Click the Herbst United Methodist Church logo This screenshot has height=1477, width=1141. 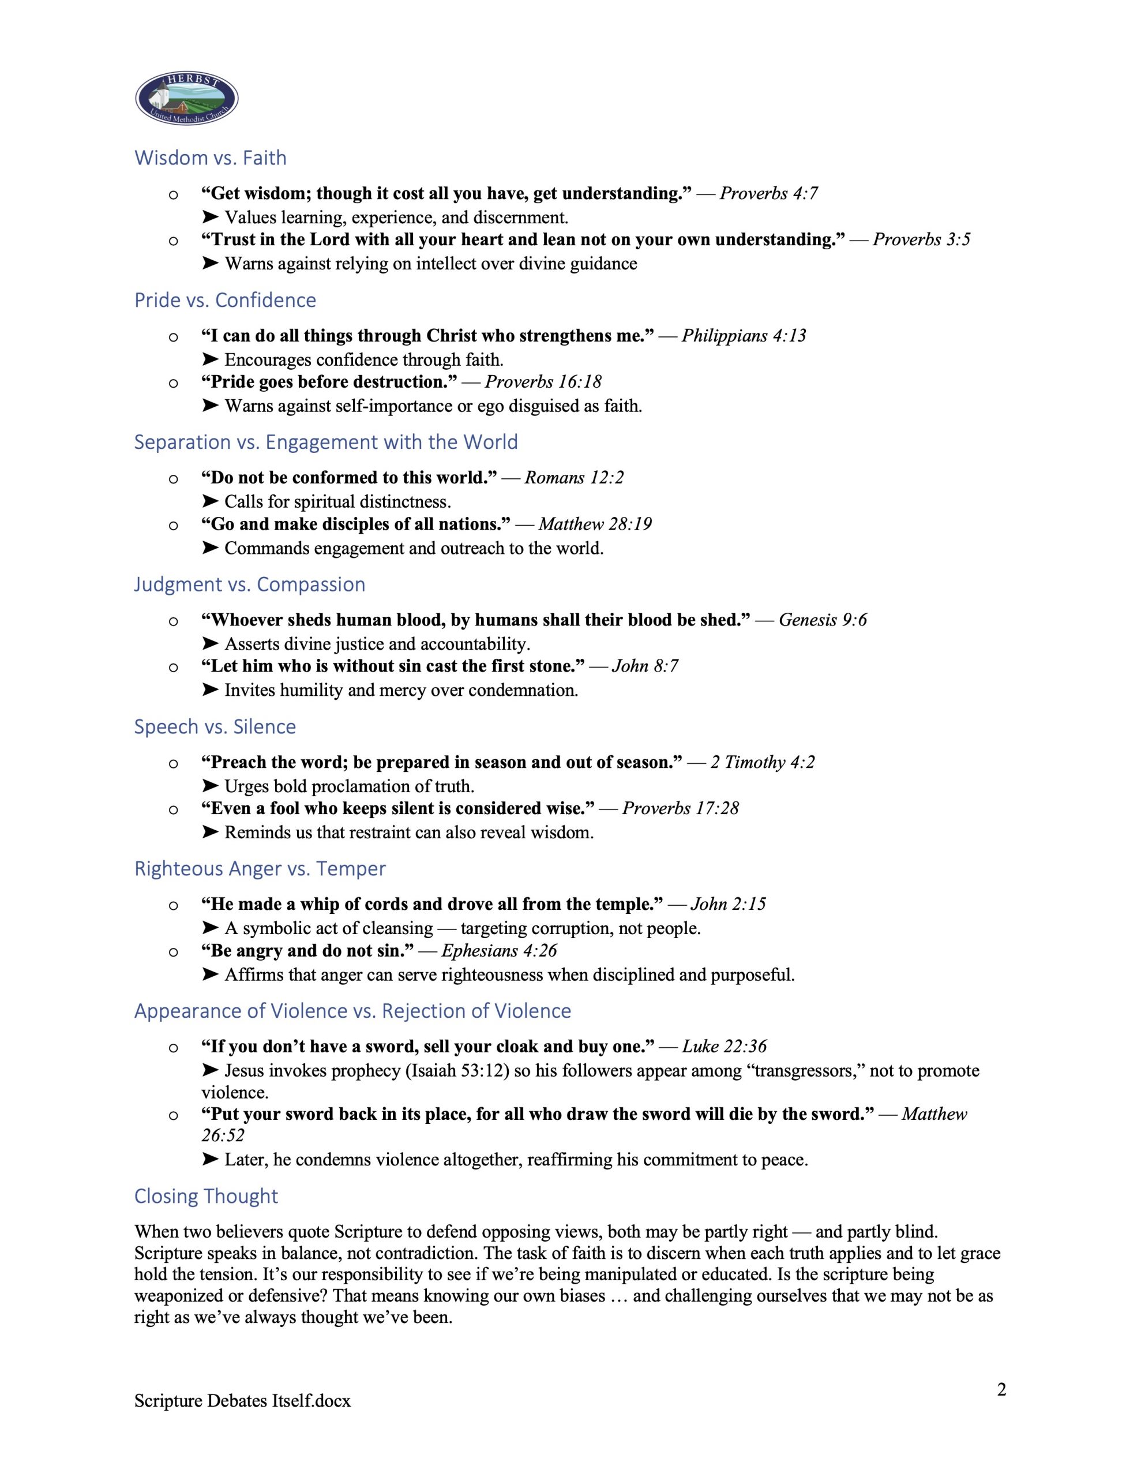point(187,98)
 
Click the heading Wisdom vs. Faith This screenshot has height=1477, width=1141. point(211,158)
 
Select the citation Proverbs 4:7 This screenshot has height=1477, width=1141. point(768,193)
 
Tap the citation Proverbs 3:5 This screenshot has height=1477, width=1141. point(921,239)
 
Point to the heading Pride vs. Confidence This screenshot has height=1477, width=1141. point(225,300)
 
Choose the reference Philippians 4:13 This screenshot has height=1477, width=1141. point(744,336)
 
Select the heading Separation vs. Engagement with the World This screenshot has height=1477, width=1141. point(325,443)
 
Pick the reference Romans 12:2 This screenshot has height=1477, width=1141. point(573,478)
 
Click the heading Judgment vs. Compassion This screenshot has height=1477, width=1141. point(250,584)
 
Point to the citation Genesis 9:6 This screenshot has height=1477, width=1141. point(823,620)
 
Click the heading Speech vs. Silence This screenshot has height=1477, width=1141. point(215,727)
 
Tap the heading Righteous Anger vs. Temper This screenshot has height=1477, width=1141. point(260,869)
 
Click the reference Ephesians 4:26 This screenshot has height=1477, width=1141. point(499,951)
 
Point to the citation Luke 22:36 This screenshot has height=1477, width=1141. point(724,1047)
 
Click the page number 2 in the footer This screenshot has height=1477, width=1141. point(1001,1390)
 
